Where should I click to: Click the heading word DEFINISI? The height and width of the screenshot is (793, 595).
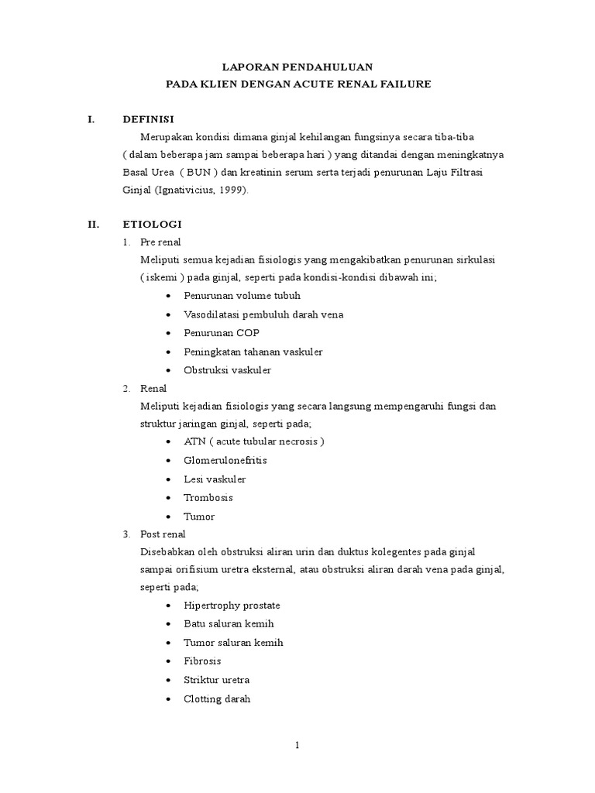(149, 119)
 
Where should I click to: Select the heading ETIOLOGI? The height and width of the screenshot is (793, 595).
(152, 225)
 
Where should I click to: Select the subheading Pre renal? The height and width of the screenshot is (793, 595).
(160, 242)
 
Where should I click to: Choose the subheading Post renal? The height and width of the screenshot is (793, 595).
(163, 534)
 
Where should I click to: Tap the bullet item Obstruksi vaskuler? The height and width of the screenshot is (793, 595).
(227, 370)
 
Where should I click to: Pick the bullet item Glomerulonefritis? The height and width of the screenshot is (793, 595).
(225, 460)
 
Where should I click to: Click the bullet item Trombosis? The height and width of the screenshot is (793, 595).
(208, 497)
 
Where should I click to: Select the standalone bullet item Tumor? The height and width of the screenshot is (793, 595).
(199, 517)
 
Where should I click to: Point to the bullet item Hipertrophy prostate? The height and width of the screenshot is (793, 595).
(232, 606)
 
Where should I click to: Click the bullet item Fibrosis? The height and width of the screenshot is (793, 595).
(202, 661)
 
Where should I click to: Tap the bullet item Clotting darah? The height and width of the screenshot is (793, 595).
(217, 699)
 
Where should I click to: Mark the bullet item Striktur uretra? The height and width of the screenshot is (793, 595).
(216, 680)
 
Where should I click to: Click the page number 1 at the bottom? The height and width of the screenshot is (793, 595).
(297, 746)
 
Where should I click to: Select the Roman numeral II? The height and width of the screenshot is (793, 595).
(93, 225)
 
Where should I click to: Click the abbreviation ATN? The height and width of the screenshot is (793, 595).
(194, 441)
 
